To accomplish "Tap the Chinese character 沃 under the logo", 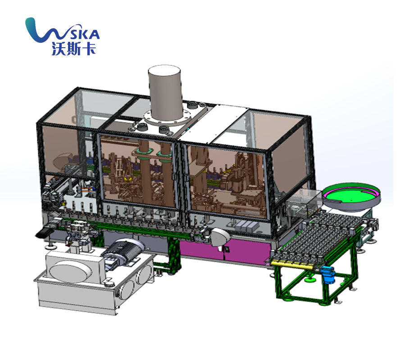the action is [x=59, y=49].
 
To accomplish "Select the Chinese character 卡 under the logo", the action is [x=89, y=49].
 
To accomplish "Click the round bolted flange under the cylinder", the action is [x=168, y=118].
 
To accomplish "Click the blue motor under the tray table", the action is [x=328, y=274].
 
